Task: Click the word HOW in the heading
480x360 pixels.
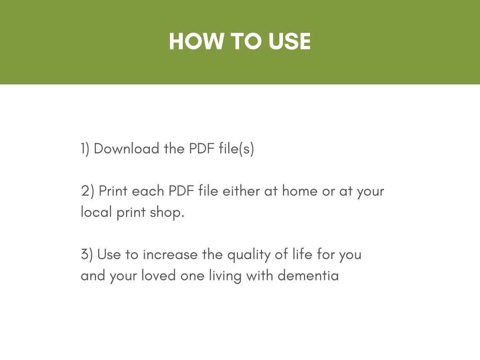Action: pos(196,41)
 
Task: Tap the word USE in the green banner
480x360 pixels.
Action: pos(287,41)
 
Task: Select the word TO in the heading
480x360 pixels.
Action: pos(244,41)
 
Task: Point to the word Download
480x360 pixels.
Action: pos(127,149)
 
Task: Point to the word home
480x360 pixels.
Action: pos(299,191)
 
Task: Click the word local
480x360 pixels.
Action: pos(96,212)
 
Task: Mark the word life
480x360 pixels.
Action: pos(303,254)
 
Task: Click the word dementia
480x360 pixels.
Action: pos(308,276)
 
